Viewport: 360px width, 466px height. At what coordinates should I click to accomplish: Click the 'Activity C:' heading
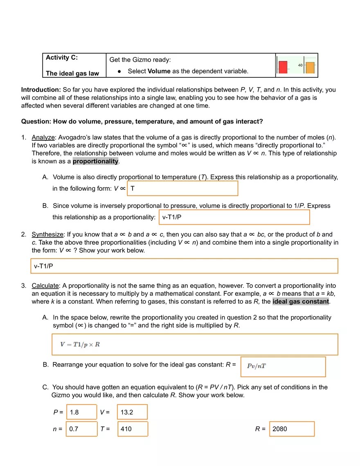(61, 58)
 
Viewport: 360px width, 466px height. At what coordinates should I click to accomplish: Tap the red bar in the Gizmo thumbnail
(283, 66)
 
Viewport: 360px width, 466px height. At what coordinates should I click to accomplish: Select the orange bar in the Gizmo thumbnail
(310, 68)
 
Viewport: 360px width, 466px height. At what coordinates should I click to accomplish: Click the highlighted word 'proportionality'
(96, 161)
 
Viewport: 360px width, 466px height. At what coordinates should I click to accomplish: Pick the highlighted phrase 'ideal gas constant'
(301, 302)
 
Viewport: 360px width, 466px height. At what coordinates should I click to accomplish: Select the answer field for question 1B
(234, 217)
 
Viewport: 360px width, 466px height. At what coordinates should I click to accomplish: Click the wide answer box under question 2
(184, 266)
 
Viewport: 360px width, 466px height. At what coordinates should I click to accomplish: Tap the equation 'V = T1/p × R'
(80, 344)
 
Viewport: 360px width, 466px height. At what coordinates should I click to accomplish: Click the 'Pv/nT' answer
(256, 366)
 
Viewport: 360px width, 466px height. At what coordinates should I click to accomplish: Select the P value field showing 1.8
(81, 412)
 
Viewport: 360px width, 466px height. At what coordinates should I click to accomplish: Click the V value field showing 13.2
(132, 412)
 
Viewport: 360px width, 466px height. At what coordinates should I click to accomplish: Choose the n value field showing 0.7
(81, 429)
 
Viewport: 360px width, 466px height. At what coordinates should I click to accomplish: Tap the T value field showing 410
(132, 429)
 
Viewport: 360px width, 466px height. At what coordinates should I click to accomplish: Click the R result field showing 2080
(292, 429)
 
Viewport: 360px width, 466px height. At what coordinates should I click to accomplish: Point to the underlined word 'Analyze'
(43, 137)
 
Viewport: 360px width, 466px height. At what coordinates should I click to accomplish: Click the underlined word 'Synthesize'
(47, 234)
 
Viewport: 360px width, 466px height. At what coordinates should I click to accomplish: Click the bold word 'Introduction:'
(41, 90)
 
